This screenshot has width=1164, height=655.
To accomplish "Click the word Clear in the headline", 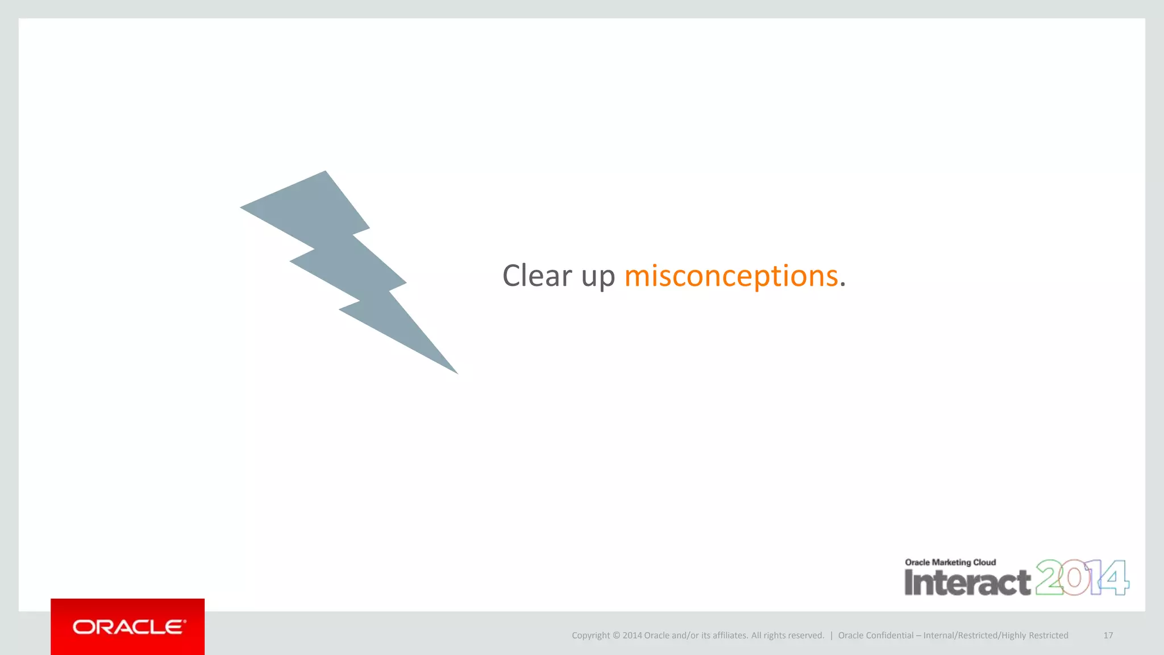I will click(537, 276).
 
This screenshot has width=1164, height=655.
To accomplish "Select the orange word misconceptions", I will click(731, 277).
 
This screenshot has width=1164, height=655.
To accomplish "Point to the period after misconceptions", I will click(843, 285).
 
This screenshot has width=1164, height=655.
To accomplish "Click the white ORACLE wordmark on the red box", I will click(129, 627).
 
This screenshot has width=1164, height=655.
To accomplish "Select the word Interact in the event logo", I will click(967, 582).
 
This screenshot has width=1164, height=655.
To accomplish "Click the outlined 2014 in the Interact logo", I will click(1082, 578).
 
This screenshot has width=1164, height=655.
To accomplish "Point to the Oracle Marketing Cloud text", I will click(950, 562).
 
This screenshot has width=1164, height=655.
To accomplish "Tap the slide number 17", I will click(1108, 636).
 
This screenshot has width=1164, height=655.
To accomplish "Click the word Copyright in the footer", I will click(591, 636).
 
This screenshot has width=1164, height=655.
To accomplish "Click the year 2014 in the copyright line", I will click(631, 636).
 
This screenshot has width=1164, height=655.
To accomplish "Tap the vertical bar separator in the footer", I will click(831, 636).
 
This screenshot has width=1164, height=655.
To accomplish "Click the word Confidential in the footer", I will click(890, 636).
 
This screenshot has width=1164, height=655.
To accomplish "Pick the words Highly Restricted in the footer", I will click(1035, 636).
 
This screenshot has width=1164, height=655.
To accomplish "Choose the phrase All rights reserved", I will click(787, 636).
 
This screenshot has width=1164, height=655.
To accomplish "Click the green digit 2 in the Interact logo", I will click(1049, 578).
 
